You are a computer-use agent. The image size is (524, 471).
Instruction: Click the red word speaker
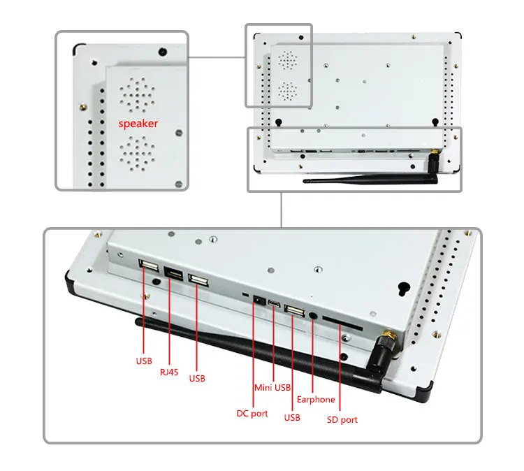pos(138,124)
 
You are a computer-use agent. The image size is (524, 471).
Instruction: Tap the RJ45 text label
pos(169,371)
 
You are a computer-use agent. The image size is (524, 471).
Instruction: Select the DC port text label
pos(252,414)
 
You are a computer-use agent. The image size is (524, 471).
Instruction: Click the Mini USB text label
pos(272,387)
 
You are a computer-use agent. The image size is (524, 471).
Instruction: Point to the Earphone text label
pos(316,400)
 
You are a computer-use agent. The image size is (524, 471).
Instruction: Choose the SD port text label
pos(342,420)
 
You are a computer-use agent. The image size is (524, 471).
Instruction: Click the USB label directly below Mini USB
pos(292,418)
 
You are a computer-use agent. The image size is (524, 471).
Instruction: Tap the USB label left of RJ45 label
pos(143,362)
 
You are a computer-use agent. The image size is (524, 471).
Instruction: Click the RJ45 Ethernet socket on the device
pos(175,273)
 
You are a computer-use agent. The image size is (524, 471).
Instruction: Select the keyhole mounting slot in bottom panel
pos(402,287)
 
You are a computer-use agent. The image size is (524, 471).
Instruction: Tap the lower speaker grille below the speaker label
pos(138,153)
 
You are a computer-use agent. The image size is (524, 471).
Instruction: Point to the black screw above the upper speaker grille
pos(162,52)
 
